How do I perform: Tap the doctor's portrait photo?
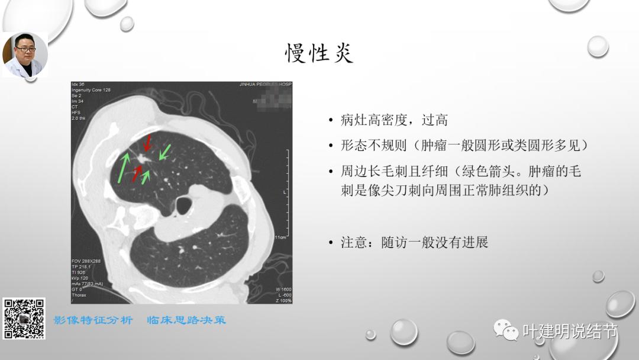click(25, 54)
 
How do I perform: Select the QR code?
click(24, 319)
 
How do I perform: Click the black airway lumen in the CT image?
click(185, 205)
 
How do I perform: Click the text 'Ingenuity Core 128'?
click(91, 90)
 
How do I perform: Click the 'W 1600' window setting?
click(283, 289)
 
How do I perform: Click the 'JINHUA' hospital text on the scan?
click(249, 85)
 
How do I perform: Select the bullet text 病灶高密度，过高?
click(394, 120)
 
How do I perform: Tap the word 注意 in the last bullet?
click(354, 242)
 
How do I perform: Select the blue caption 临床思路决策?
click(186, 320)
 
